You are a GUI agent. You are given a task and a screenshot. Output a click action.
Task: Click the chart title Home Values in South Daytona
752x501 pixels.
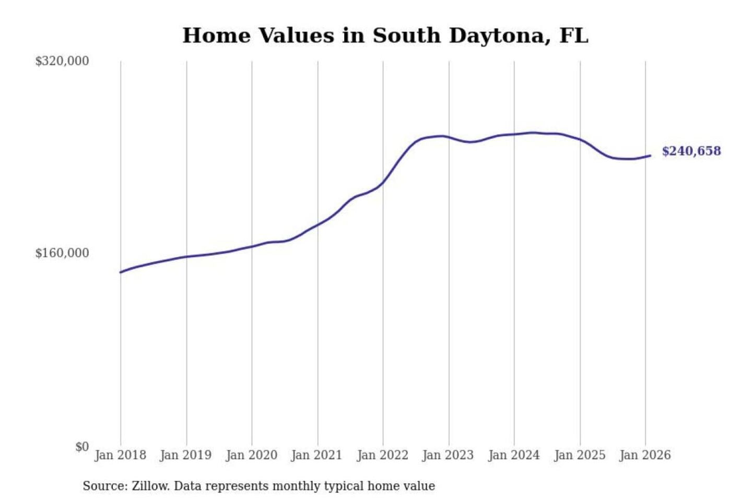click(385, 35)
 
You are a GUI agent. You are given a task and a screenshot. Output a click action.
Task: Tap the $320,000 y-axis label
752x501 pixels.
click(62, 61)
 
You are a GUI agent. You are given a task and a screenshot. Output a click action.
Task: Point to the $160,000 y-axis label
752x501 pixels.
click(62, 253)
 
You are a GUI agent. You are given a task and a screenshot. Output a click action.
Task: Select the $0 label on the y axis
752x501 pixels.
click(82, 447)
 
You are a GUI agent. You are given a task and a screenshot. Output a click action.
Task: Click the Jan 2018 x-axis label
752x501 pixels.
click(120, 455)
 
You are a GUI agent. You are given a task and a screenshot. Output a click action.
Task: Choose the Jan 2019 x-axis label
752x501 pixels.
click(186, 455)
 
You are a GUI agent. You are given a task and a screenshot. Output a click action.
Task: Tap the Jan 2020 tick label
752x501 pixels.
click(251, 455)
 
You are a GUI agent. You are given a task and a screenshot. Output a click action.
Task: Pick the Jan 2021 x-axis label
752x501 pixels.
click(316, 455)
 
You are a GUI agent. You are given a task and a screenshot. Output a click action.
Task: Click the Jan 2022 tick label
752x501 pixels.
click(382, 455)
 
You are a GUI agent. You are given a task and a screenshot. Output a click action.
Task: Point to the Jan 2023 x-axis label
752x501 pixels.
click(448, 455)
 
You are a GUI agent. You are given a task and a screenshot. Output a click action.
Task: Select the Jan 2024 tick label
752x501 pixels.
click(514, 455)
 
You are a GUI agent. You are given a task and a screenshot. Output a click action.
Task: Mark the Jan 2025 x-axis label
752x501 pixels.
click(580, 455)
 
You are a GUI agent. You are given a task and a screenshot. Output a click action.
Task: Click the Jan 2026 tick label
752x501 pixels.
click(645, 455)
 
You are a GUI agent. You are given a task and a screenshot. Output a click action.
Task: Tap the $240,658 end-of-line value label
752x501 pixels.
click(691, 151)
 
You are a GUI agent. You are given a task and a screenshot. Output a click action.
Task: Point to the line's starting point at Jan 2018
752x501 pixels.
click(121, 272)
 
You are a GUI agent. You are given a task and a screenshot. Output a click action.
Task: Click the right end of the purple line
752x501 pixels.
click(650, 156)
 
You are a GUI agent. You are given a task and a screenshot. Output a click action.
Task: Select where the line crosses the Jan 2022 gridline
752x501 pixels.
click(383, 183)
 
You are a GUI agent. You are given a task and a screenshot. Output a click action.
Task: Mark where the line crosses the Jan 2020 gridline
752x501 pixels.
click(252, 246)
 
